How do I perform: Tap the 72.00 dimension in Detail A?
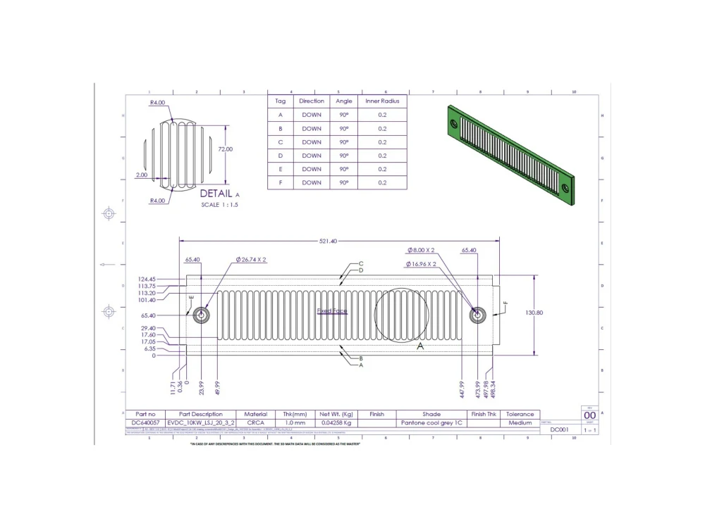pyautogui.click(x=225, y=149)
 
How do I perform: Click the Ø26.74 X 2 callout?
pyautogui.click(x=250, y=260)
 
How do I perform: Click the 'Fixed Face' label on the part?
pyautogui.click(x=331, y=310)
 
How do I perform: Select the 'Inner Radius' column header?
pyautogui.click(x=382, y=101)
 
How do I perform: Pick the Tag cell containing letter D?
pyautogui.click(x=280, y=156)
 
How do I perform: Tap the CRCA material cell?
pyautogui.click(x=255, y=423)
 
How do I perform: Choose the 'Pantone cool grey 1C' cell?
pyautogui.click(x=431, y=423)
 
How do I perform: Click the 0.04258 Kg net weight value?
pyautogui.click(x=336, y=423)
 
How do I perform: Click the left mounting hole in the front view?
pyautogui.click(x=202, y=315)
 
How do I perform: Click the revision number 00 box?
pyautogui.click(x=589, y=415)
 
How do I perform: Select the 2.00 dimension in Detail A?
pyautogui.click(x=142, y=175)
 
